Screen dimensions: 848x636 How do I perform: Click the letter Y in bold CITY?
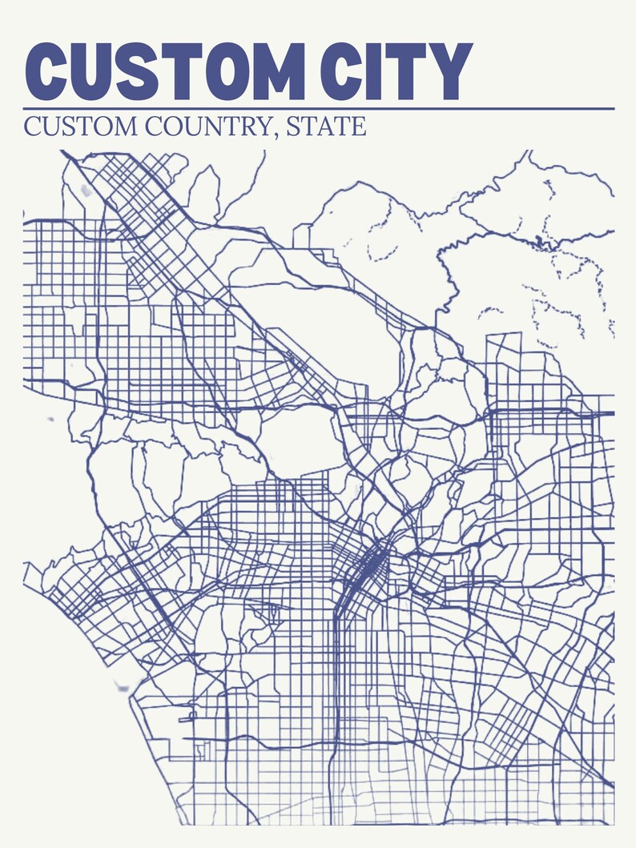point(452,71)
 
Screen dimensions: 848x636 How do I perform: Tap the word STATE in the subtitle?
point(328,127)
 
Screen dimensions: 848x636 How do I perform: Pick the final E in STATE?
point(360,127)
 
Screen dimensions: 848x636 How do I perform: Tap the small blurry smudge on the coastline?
point(122,686)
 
